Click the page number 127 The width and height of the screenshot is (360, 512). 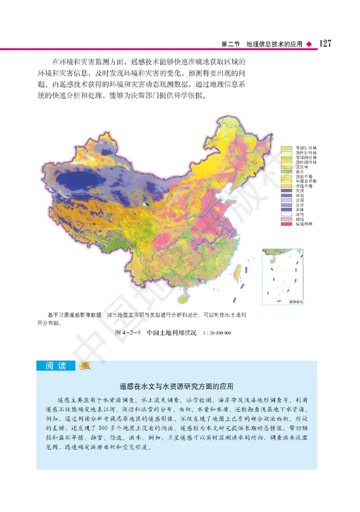325,44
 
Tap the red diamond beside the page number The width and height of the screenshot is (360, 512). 309,44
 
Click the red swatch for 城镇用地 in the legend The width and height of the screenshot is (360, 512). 287,224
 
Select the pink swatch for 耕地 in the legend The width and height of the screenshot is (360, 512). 287,219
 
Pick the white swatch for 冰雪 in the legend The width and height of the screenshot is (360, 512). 287,214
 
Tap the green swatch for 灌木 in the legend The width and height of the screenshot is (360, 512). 287,171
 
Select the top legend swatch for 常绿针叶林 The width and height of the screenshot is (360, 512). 287,148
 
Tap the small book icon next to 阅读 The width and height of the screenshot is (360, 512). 85,366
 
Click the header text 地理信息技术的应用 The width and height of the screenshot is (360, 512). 274,44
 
